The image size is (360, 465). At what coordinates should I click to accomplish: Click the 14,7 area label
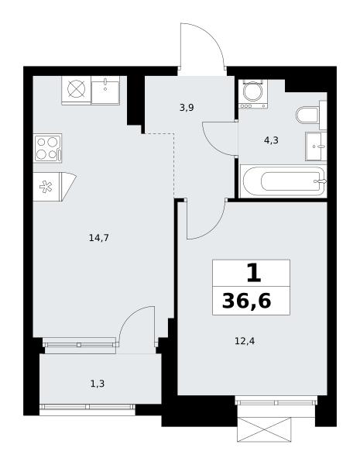coord(99,238)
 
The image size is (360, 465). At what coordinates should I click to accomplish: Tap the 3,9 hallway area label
coord(187,108)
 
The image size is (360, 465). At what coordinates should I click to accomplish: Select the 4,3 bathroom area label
coord(271,140)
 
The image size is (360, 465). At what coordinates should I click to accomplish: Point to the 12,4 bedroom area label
coord(245,341)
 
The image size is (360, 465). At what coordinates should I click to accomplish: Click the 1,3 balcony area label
coord(98,384)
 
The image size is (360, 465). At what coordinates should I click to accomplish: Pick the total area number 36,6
coord(246,301)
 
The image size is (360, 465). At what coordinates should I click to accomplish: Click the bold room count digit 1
coord(254,274)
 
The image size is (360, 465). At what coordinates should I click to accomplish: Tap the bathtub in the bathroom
coord(283,181)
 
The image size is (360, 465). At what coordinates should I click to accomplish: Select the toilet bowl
coord(307,115)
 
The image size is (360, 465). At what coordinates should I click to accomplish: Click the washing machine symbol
coord(253,94)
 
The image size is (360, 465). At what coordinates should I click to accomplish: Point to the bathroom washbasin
coord(316,146)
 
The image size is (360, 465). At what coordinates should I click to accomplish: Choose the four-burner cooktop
coord(48,148)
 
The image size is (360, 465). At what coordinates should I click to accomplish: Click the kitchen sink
coord(105,90)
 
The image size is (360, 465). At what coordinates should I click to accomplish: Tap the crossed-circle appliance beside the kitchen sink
coord(77,90)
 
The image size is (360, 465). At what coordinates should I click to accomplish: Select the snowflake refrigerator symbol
coord(46,187)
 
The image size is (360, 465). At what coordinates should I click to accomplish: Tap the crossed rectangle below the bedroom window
coord(264,429)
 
